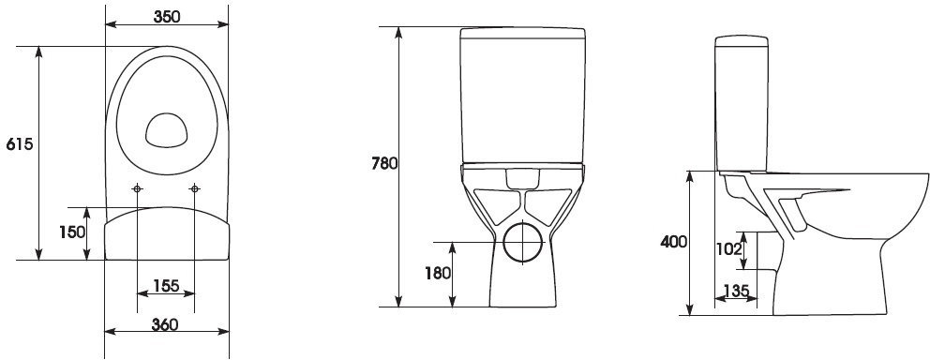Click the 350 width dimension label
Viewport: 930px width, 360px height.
coord(167,16)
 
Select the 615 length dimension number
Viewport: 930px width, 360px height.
coord(19,144)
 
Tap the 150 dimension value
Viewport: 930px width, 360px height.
coord(71,232)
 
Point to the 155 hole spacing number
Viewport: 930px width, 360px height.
coord(166,286)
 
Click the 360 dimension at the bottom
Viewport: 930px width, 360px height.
coord(165,324)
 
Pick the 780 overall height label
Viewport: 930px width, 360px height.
coord(384,163)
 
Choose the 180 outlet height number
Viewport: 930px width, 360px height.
coord(439,273)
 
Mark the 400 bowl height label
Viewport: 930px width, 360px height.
coord(674,241)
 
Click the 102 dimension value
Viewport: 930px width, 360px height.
coord(729,249)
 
